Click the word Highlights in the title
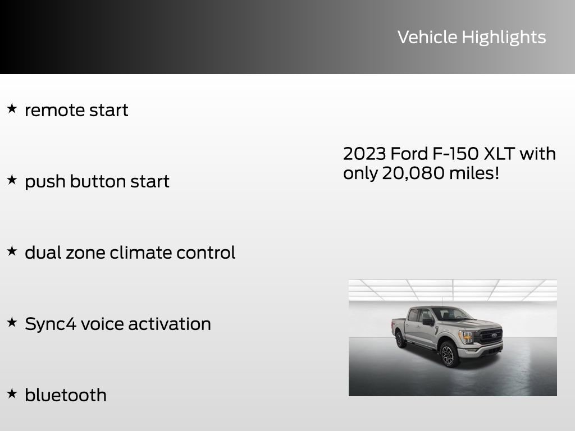coord(504,38)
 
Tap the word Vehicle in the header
coord(427,37)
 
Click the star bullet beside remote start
coord(12,108)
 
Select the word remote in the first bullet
coord(48,110)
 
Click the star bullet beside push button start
coord(12,180)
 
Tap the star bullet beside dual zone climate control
coord(12,251)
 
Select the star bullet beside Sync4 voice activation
coord(12,322)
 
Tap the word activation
coord(170,324)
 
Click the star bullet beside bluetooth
coord(12,393)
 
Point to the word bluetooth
coord(66,395)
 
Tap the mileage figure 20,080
coord(413,173)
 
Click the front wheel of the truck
coord(449,354)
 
